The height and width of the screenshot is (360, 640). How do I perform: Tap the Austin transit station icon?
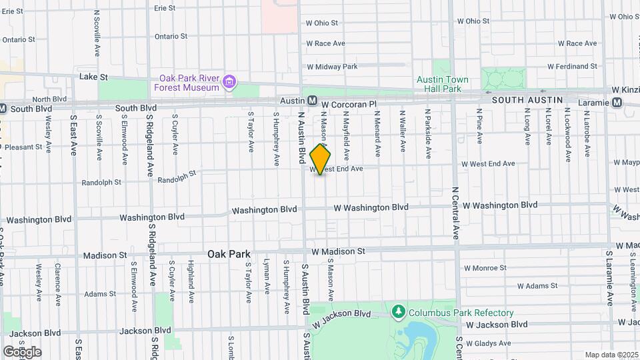tap(312, 101)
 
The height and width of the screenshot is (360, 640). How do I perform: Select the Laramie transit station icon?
tap(617, 103)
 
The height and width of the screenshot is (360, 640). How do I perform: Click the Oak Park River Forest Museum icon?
tap(230, 82)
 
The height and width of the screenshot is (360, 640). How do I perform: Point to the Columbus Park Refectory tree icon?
tap(399, 312)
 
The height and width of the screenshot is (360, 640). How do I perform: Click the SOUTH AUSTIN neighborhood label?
tap(527, 100)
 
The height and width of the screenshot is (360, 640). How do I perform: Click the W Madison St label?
tap(338, 251)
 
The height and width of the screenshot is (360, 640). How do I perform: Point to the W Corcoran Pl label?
tap(349, 105)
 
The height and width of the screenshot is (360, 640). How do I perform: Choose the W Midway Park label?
tap(332, 67)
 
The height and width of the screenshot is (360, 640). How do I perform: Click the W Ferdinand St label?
tap(572, 67)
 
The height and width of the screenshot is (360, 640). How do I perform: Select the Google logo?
tap(22, 352)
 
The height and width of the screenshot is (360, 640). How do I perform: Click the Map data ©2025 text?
tap(611, 355)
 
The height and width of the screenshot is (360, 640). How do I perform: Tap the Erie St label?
tap(164, 9)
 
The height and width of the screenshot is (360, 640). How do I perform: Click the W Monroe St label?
tap(495, 269)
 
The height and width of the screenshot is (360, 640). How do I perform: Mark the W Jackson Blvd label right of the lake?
tap(497, 325)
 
